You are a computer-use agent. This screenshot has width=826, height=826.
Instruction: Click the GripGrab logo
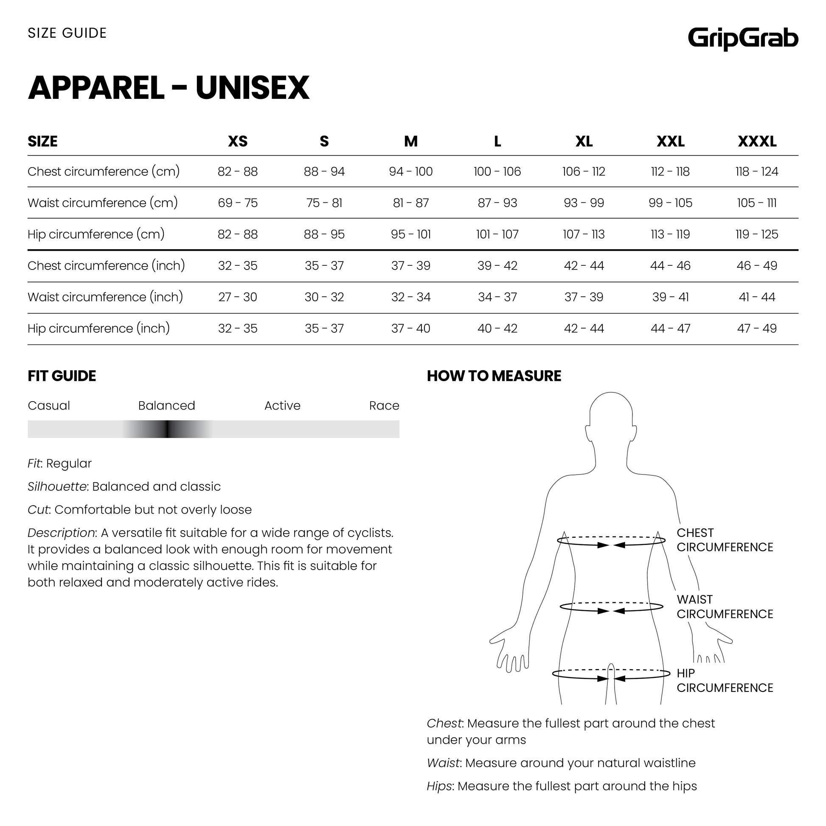[x=743, y=39]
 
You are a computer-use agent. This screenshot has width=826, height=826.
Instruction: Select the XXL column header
[x=670, y=141]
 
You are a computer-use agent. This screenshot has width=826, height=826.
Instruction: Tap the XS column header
[x=238, y=141]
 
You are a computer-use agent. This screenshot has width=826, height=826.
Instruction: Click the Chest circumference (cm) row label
[x=104, y=171]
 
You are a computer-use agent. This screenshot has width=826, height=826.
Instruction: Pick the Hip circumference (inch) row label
[x=99, y=329]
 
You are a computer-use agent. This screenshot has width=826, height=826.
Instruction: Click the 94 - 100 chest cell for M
[x=410, y=171]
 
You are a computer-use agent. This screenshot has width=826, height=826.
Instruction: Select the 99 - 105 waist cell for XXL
[x=670, y=203]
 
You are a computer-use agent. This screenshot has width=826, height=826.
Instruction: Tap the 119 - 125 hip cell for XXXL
[x=757, y=234]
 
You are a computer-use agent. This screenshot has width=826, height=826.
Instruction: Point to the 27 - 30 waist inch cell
[x=238, y=297]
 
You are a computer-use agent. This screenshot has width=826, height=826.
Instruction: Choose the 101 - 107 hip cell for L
[x=497, y=234]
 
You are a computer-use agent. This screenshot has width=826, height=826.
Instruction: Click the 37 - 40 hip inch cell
[x=410, y=329]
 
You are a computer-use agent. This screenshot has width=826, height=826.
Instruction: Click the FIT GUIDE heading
[x=62, y=376]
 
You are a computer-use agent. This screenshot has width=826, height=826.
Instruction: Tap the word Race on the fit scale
[x=384, y=405]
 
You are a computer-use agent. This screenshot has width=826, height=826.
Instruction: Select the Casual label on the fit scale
[x=49, y=405]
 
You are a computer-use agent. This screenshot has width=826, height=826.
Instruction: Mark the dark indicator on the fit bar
[x=168, y=429]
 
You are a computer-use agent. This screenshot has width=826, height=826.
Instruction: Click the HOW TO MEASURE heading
[x=494, y=376]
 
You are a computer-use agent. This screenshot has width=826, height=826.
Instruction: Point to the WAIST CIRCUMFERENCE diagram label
[x=725, y=607]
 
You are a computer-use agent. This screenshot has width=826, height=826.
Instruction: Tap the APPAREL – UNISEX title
[x=169, y=88]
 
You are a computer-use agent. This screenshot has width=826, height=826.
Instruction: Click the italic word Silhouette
[x=57, y=486]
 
